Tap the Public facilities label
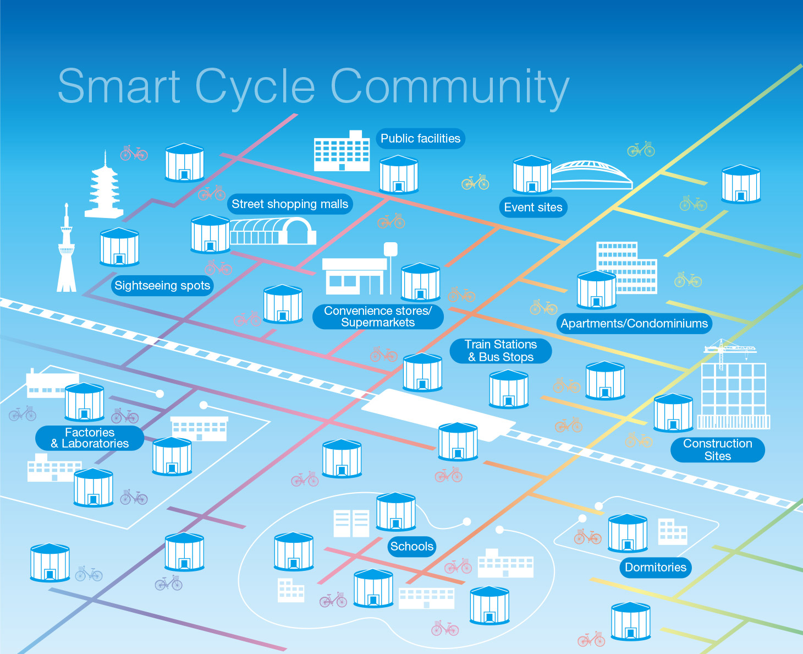(420, 139)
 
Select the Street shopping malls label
(290, 204)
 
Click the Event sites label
(533, 208)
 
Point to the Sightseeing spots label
(162, 286)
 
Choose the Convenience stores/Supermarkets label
(378, 317)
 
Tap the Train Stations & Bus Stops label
(501, 351)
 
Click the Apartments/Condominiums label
(634, 324)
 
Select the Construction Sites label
(717, 450)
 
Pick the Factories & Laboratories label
(90, 438)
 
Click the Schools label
(412, 547)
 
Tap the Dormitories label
(656, 568)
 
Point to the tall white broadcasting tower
(67, 253)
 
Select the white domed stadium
(591, 175)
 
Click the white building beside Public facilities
(342, 151)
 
